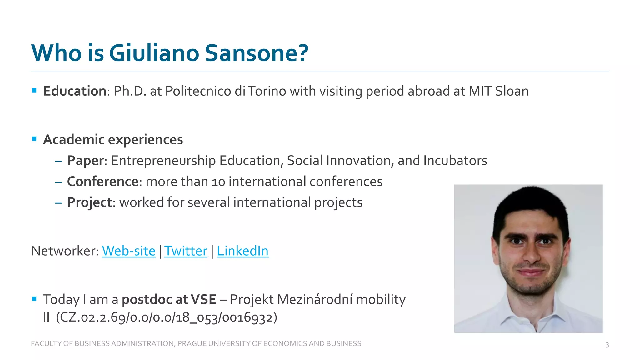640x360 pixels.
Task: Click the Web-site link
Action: pyautogui.click(x=128, y=251)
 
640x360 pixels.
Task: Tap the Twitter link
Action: pyautogui.click(x=186, y=251)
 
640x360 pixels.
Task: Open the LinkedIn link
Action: pyautogui.click(x=242, y=251)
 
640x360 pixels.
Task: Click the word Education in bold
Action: pyautogui.click(x=75, y=91)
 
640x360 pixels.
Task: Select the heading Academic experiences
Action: pyautogui.click(x=113, y=139)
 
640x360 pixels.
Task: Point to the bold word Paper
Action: pyautogui.click(x=85, y=161)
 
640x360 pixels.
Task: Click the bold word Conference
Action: pyautogui.click(x=102, y=182)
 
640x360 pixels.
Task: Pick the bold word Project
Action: pyautogui.click(x=89, y=202)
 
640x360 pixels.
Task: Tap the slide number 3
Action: pyautogui.click(x=607, y=345)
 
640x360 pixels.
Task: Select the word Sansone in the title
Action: pyautogui.click(x=256, y=53)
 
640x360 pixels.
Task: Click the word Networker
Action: pyautogui.click(x=65, y=251)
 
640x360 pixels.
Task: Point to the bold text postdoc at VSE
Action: pyautogui.click(x=169, y=299)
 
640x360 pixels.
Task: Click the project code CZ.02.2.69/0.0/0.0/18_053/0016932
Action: pyautogui.click(x=167, y=317)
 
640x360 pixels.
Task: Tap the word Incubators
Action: pyautogui.click(x=455, y=161)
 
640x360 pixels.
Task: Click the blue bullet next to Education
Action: pyautogui.click(x=34, y=91)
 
